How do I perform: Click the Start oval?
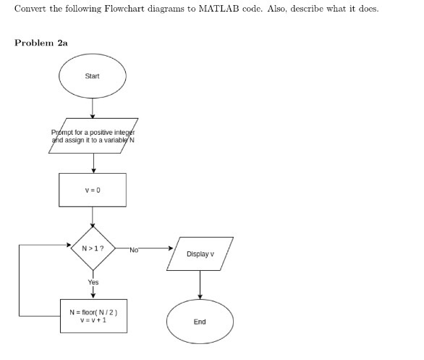(x=92, y=76)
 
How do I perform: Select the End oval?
(x=200, y=321)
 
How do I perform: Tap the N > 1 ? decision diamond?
(x=92, y=248)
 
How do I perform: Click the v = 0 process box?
(x=92, y=190)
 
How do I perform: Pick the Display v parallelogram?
(x=200, y=254)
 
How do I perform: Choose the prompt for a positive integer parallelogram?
(x=92, y=135)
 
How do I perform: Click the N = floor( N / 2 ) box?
(x=93, y=316)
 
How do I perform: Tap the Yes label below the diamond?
(x=93, y=282)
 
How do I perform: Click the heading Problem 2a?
(x=41, y=43)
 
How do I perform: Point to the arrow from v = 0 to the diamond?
(x=92, y=215)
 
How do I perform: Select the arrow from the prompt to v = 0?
(x=92, y=162)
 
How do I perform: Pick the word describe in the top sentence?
(x=307, y=9)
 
